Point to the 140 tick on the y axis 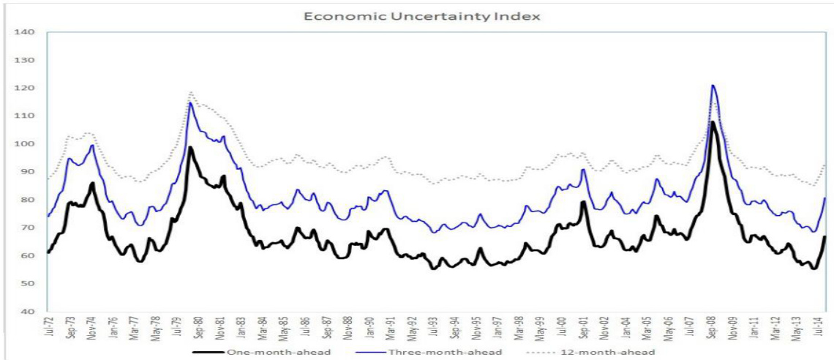click(x=25, y=32)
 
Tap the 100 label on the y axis click(x=25, y=144)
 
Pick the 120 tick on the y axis click(x=25, y=89)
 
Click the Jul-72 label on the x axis click(x=49, y=331)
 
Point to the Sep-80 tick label click(x=197, y=331)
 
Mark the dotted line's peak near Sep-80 click(x=191, y=92)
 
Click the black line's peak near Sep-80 click(x=190, y=148)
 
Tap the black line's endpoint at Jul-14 click(x=824, y=236)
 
